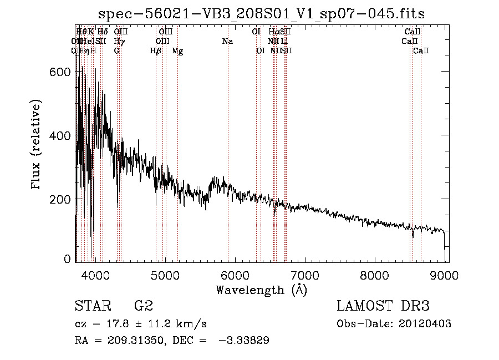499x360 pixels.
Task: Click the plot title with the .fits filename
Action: tap(261, 14)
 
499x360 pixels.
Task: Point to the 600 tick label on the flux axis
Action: tap(62, 72)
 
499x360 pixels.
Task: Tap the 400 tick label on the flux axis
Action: tap(62, 135)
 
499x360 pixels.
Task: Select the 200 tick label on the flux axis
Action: tap(62, 199)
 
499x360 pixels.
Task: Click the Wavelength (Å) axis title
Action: tap(261, 290)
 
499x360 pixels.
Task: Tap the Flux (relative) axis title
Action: tap(37, 146)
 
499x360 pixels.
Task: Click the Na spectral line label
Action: tap(227, 42)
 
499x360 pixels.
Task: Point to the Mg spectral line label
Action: tap(177, 51)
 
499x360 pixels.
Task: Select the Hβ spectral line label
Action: tap(156, 51)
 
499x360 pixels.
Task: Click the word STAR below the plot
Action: tap(91, 306)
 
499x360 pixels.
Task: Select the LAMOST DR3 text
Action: tap(383, 306)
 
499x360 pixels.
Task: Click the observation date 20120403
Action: tap(425, 324)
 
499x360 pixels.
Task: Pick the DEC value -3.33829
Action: tap(245, 341)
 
